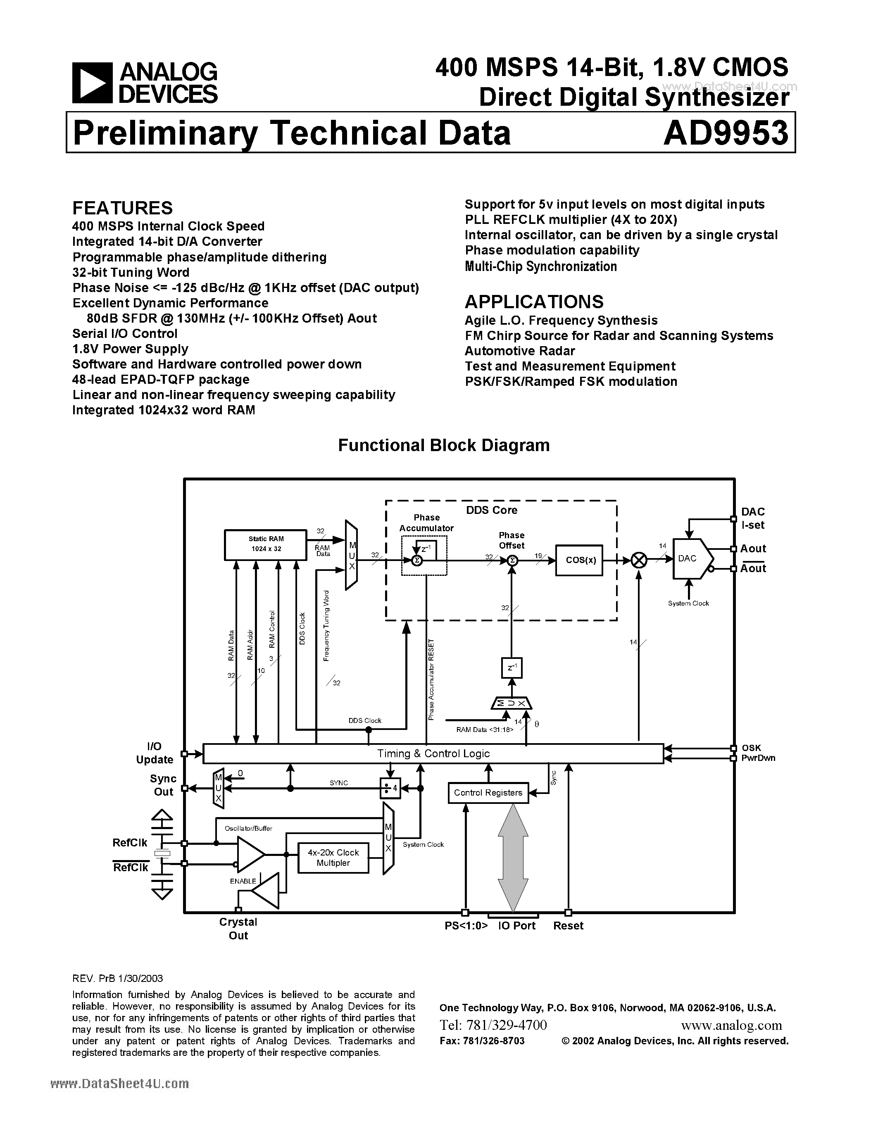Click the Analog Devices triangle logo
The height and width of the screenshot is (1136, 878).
pos(92,82)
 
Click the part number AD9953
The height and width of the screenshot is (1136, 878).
pos(726,133)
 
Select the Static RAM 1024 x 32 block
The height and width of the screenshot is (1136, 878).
pos(266,544)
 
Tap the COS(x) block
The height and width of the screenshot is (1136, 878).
pos(579,561)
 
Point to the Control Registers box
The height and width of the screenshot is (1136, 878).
pos(488,793)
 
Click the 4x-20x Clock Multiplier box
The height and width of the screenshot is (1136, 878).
pos(333,858)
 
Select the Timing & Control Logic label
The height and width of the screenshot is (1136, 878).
pos(433,753)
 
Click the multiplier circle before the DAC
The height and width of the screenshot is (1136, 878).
pos(639,560)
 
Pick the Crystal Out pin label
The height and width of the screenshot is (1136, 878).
pos(238,929)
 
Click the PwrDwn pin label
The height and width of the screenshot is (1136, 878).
pos(758,758)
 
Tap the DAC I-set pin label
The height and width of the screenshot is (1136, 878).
pos(753,518)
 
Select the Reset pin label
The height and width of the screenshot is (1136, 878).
pos(568,926)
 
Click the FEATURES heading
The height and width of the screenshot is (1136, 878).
pos(122,208)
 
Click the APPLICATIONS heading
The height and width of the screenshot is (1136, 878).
pos(534,302)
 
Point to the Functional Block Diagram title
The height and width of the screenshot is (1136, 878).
pos(444,445)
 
